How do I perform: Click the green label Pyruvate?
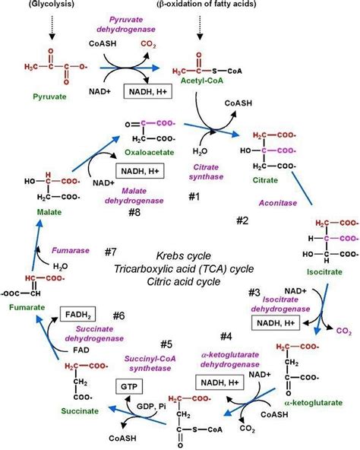point(52,97)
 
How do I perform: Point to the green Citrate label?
point(265,179)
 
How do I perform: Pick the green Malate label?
point(47,211)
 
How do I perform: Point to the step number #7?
point(110,251)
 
